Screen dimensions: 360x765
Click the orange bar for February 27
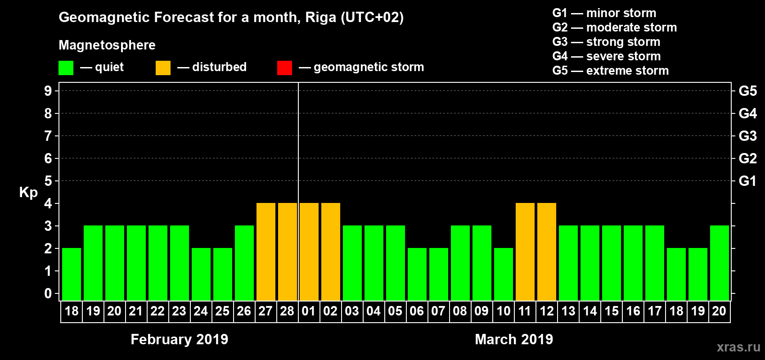tap(265, 252)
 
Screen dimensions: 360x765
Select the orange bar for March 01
tap(309, 252)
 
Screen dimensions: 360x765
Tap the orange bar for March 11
tap(525, 252)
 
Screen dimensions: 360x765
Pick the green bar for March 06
tap(417, 274)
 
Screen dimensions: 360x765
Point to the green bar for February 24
tap(201, 274)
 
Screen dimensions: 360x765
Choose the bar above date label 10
tap(503, 274)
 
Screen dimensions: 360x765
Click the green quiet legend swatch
tap(66, 68)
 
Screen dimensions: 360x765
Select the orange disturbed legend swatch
tap(163, 68)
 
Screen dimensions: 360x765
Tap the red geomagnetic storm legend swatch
tap(284, 68)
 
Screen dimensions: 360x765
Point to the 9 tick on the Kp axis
tap(48, 91)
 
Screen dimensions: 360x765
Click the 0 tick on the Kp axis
tap(48, 293)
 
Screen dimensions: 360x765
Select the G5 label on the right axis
tap(747, 91)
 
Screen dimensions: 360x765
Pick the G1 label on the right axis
tap(747, 181)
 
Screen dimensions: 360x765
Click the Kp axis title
tap(28, 192)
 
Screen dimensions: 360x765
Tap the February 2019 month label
tap(179, 339)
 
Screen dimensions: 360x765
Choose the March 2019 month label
tap(514, 339)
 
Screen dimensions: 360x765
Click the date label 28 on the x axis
tap(287, 311)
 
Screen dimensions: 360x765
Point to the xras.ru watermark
tap(738, 347)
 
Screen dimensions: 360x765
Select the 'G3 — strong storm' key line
tap(606, 42)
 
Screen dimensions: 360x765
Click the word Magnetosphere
tap(107, 45)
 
